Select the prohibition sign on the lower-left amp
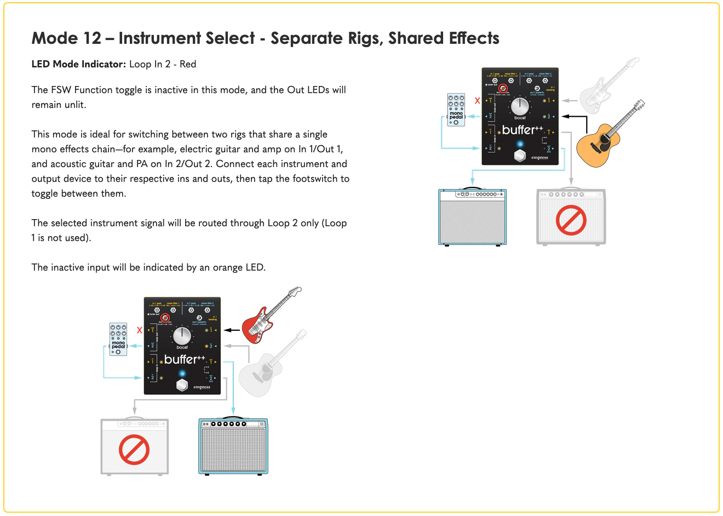(134, 450)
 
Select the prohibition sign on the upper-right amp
(571, 220)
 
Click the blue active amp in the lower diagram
(233, 446)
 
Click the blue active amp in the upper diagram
(473, 217)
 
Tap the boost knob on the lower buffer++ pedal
(182, 335)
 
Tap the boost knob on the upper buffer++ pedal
(520, 106)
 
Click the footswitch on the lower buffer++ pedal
(182, 385)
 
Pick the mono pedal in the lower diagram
(118, 339)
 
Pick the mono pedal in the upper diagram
(456, 110)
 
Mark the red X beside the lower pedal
(140, 330)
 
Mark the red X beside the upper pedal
(477, 101)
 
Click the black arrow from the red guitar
(233, 330)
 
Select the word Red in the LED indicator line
(188, 64)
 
